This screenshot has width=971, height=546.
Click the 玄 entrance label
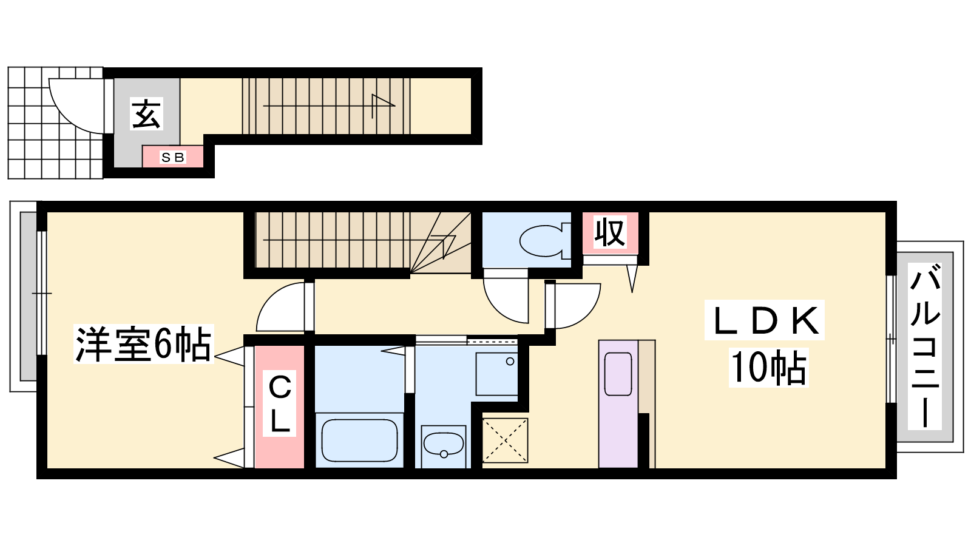click(146, 113)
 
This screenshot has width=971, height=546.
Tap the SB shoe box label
click(173, 157)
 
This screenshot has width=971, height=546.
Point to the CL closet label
click(280, 403)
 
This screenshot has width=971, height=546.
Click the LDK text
click(765, 320)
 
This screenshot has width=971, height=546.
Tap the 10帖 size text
click(768, 368)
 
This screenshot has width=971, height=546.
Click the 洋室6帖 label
click(143, 343)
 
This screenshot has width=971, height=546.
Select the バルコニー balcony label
click(925, 346)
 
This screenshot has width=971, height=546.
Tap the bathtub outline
click(359, 440)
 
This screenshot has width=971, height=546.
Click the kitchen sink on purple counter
click(618, 374)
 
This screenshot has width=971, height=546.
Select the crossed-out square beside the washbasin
click(505, 440)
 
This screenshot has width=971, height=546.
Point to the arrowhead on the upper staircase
click(383, 103)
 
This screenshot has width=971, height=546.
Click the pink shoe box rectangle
click(173, 157)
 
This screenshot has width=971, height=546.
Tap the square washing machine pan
click(497, 374)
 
